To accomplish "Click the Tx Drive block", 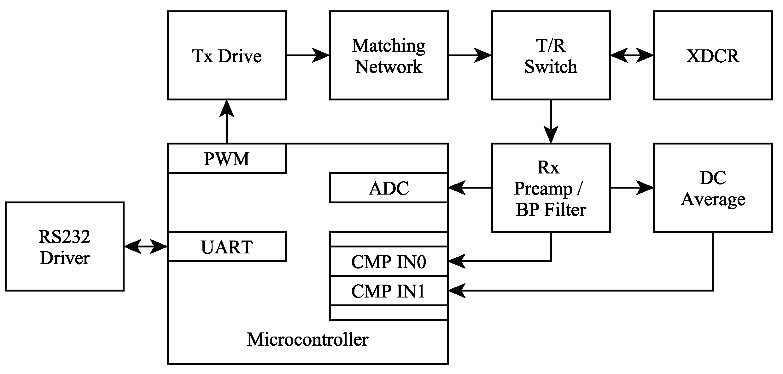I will point(226,55).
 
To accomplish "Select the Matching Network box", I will point(389,55).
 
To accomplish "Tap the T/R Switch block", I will point(551,55).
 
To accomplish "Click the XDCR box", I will point(713,55).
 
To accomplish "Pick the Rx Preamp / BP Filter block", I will point(551,188).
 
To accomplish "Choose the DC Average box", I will point(713,188).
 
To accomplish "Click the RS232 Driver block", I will point(64,246).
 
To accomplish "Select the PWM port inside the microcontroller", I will point(226,159).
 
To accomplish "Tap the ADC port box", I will point(389,188).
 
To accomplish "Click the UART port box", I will point(226,247).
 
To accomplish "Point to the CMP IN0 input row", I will point(389,262).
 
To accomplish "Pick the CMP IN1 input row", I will point(389,291).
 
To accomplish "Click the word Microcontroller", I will point(307,339).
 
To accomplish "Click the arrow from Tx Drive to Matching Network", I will point(307,55).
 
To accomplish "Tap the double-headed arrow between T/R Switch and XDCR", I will point(632,55).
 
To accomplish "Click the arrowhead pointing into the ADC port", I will point(456,188).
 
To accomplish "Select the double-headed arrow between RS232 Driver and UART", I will point(145,246).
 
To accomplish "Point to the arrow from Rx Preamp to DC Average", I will point(632,188).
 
